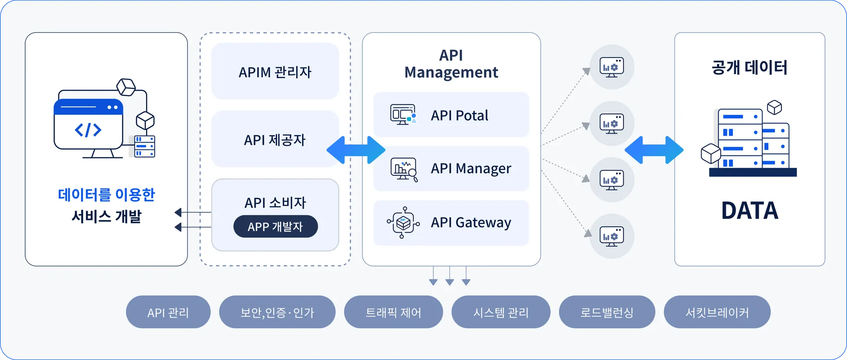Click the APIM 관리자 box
click(x=275, y=71)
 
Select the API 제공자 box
click(x=275, y=139)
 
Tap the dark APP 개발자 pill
click(x=275, y=226)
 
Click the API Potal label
click(x=459, y=115)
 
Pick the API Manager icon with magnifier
click(x=404, y=169)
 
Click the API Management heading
click(x=451, y=64)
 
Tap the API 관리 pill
click(x=168, y=312)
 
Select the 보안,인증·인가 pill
click(x=277, y=312)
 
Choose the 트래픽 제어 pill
click(x=393, y=312)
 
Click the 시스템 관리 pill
click(x=501, y=312)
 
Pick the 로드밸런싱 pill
click(x=607, y=312)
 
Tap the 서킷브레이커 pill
click(x=717, y=312)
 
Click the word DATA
click(x=749, y=210)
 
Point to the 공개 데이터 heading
click(x=749, y=67)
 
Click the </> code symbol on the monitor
click(x=88, y=130)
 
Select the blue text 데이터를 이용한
click(x=106, y=194)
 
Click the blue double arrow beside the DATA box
click(x=653, y=150)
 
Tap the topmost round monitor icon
click(x=612, y=67)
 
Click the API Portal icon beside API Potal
click(x=403, y=115)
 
